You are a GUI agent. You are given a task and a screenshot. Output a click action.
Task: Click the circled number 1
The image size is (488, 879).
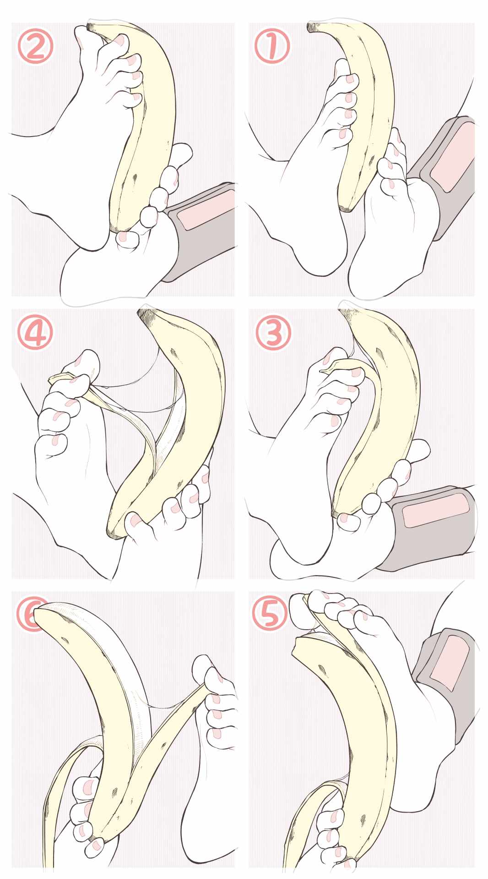pos(272,46)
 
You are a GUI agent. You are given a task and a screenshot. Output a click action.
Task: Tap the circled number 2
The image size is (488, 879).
pos(35,46)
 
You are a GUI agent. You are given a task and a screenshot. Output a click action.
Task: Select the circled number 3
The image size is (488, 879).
pos(273,333)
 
